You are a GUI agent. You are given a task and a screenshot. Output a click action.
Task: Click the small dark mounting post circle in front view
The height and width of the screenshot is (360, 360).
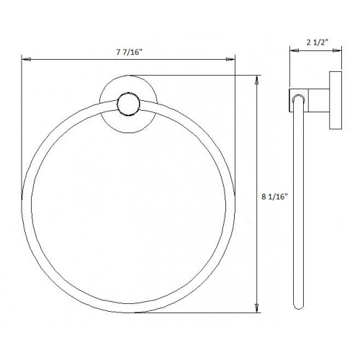pyautogui.click(x=127, y=106)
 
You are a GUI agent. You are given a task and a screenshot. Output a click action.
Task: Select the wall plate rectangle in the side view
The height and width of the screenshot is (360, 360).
pyautogui.click(x=335, y=102)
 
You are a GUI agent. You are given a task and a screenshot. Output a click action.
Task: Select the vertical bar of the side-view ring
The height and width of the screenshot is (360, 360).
pyautogui.click(x=294, y=209)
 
